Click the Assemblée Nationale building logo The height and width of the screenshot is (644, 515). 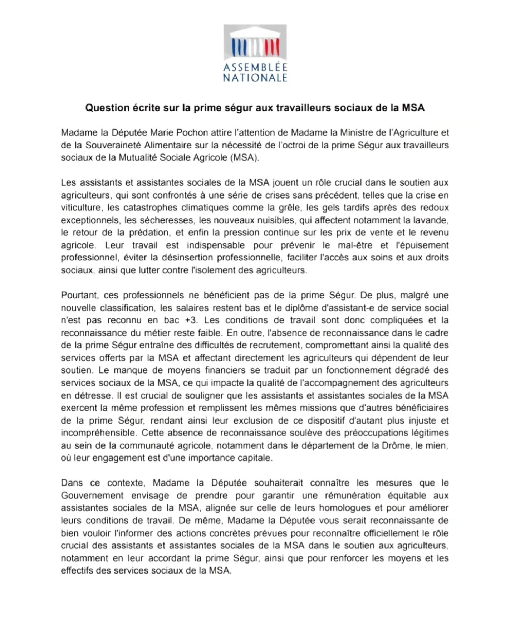tap(255, 43)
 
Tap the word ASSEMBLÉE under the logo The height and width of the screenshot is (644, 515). tap(255, 67)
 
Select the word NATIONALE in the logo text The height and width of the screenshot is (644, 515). tap(255, 78)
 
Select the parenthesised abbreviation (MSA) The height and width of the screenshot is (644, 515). tap(245, 158)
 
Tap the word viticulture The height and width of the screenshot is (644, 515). tap(81, 208)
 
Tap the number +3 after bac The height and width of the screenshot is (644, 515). tap(191, 320)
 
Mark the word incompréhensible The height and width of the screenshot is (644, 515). tap(98, 433)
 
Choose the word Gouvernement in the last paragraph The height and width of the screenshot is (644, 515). tap(92, 496)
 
